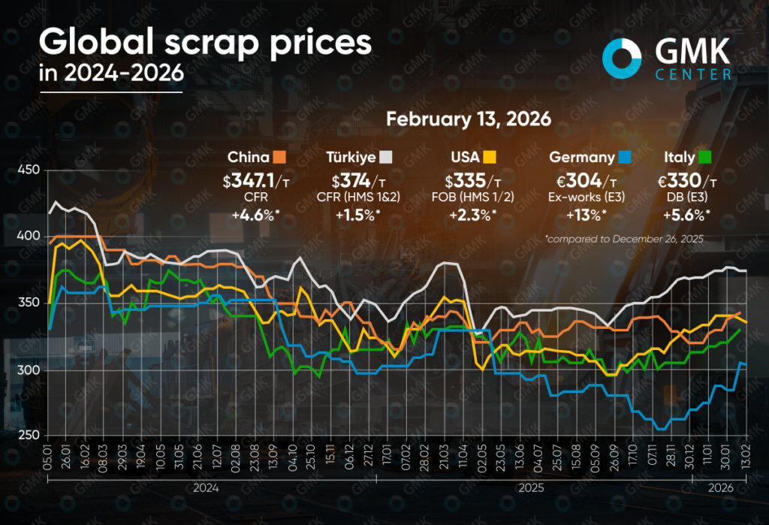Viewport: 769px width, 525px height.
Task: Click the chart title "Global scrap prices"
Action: tap(204, 44)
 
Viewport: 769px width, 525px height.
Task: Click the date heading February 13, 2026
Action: tap(468, 119)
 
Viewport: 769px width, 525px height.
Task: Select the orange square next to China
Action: tap(280, 157)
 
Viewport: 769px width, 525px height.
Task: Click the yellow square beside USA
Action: tap(488, 157)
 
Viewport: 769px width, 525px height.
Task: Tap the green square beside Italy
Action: tap(704, 157)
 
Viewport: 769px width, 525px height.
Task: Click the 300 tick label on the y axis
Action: tap(26, 370)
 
